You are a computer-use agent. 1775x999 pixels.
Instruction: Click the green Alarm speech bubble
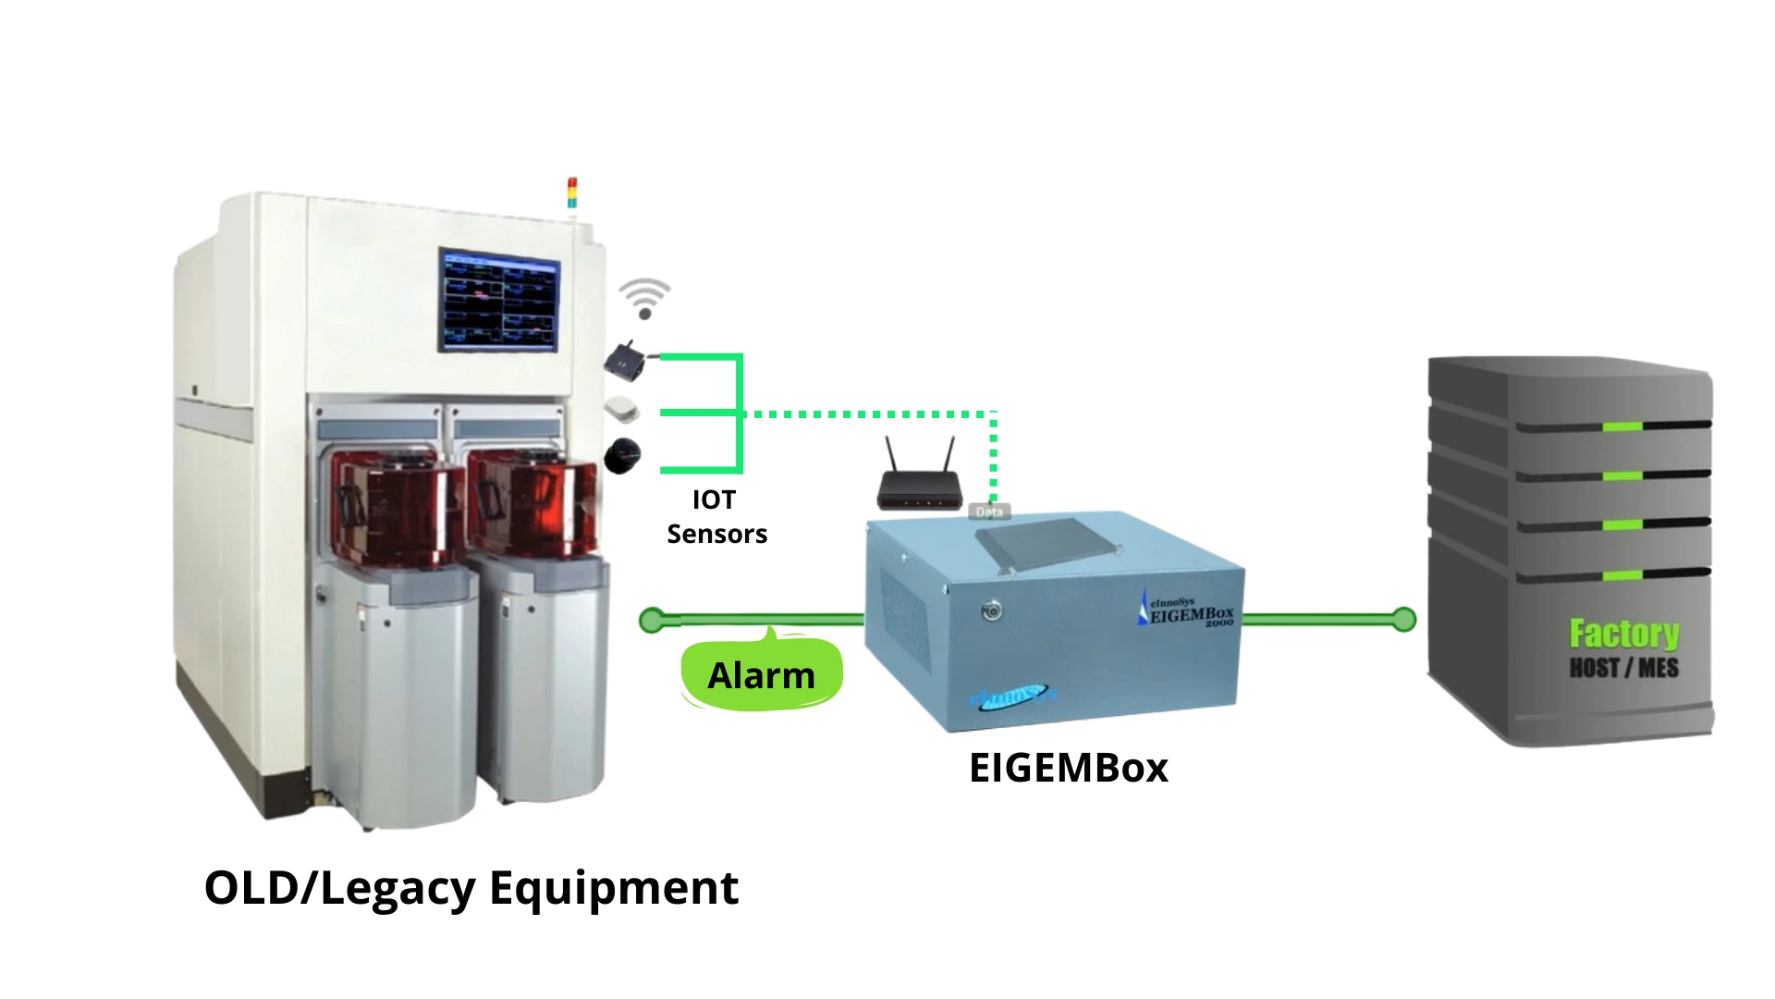pyautogui.click(x=761, y=674)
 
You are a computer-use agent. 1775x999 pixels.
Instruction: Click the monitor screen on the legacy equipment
pyautogui.click(x=499, y=300)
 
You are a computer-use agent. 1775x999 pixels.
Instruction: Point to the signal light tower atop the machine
pyautogui.click(x=572, y=193)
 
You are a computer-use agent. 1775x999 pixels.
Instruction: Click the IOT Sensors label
pyautogui.click(x=716, y=516)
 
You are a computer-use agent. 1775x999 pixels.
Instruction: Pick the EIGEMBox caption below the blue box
pyautogui.click(x=1068, y=768)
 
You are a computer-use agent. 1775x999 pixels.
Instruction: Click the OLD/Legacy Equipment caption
pyautogui.click(x=471, y=887)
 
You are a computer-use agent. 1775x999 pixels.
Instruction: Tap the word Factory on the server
pyautogui.click(x=1623, y=634)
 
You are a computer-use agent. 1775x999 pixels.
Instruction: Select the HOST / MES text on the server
pyautogui.click(x=1623, y=668)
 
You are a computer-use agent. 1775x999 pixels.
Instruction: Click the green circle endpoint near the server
pyautogui.click(x=1403, y=619)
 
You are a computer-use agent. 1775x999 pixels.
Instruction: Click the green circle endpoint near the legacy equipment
pyautogui.click(x=652, y=620)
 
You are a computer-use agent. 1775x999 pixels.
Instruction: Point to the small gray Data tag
pyautogui.click(x=988, y=512)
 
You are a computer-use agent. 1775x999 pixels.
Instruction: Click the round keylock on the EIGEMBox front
pyautogui.click(x=991, y=610)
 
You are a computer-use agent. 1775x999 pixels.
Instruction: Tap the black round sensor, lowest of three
pyautogui.click(x=622, y=455)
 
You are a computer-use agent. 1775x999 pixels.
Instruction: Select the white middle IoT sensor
pyautogui.click(x=621, y=408)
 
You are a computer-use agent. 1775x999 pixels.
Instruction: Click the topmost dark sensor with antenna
pyautogui.click(x=626, y=359)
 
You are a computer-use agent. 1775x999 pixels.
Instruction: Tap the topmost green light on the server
pyautogui.click(x=1622, y=426)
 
